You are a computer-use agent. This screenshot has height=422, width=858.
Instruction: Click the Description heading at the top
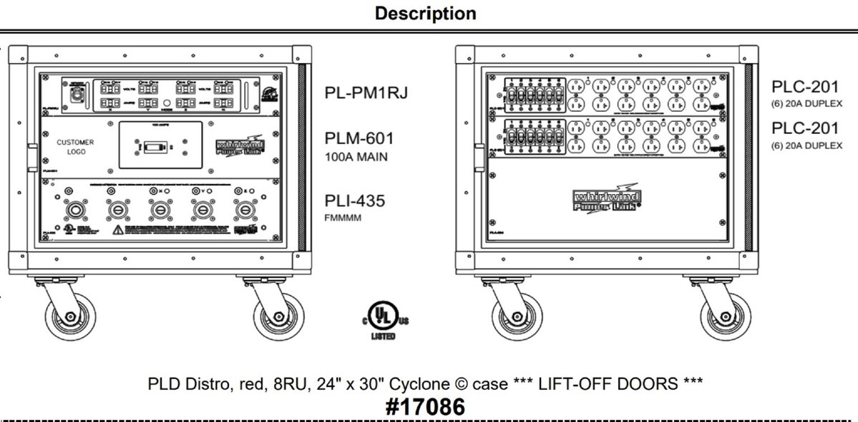coord(425,13)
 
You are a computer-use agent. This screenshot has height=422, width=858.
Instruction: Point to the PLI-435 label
coord(354,201)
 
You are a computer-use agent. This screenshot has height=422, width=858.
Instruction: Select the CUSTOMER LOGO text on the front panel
coord(75,148)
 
